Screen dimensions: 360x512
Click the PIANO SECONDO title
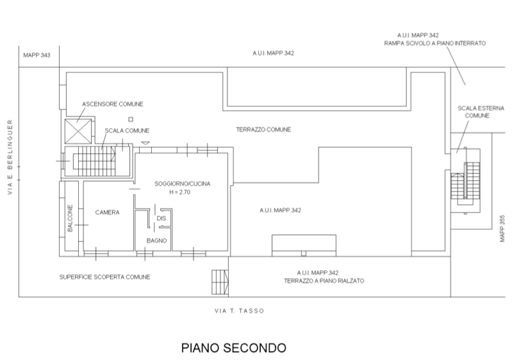(x=233, y=348)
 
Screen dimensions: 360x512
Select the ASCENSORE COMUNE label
(x=113, y=104)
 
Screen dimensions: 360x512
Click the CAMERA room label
(x=108, y=213)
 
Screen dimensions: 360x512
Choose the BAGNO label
(x=156, y=240)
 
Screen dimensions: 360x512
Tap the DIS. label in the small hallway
(x=160, y=218)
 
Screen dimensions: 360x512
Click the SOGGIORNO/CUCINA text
(x=182, y=184)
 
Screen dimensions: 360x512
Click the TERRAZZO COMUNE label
(x=263, y=129)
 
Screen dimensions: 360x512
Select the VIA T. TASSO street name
(x=238, y=311)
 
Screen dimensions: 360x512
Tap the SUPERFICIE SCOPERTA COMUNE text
(x=104, y=277)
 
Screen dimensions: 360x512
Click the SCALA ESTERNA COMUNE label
(x=474, y=112)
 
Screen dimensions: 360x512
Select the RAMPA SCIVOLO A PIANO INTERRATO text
(x=435, y=44)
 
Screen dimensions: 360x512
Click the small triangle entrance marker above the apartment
(x=145, y=142)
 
